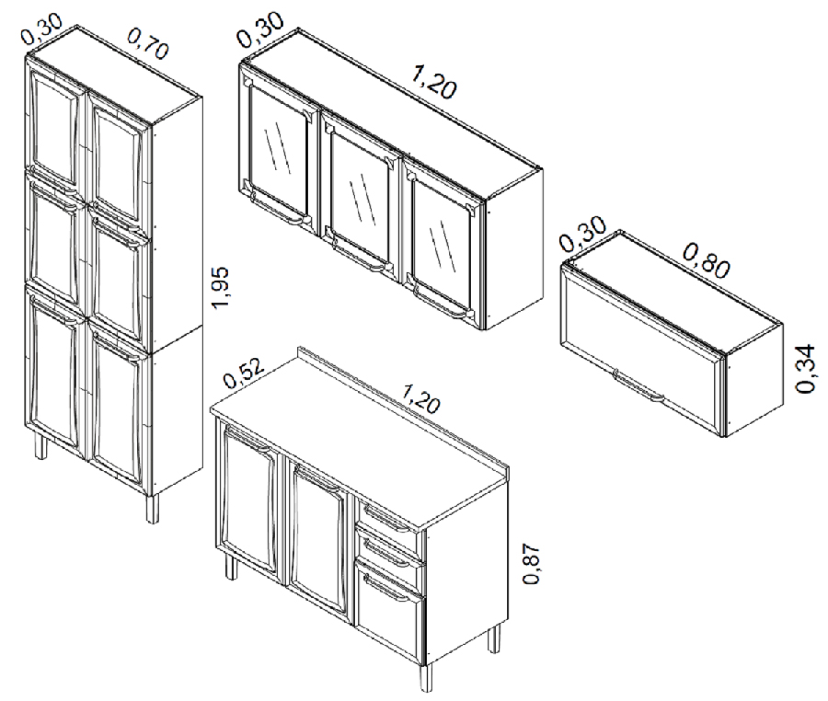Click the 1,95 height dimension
[219, 288]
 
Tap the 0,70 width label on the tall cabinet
[148, 42]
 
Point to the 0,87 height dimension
[532, 563]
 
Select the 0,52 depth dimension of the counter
[244, 373]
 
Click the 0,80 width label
[707, 259]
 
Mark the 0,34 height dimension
[806, 369]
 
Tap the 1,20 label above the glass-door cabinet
[433, 83]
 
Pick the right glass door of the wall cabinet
[443, 243]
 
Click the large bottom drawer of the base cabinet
[391, 607]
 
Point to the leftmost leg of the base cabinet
[231, 568]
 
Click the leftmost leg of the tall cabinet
[40, 446]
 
